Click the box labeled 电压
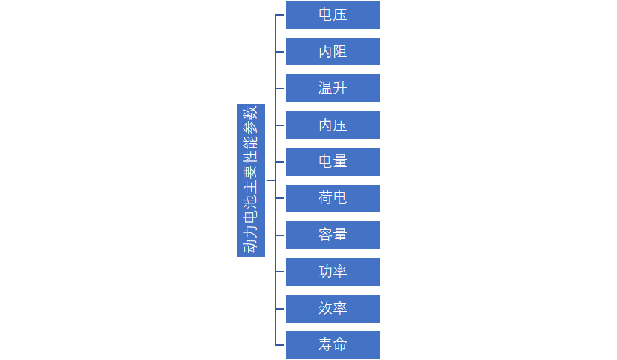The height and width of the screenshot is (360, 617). [333, 15]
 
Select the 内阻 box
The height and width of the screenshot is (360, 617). [333, 51]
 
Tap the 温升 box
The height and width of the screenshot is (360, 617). [333, 88]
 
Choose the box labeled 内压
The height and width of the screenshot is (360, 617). [333, 125]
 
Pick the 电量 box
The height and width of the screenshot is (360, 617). [333, 162]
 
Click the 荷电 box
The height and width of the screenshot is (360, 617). [333, 198]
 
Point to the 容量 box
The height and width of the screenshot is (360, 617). [333, 235]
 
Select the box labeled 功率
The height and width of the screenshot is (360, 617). [333, 272]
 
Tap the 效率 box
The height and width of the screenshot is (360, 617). [333, 309]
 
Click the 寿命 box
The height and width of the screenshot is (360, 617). [333, 345]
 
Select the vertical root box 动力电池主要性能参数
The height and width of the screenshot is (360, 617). [251, 180]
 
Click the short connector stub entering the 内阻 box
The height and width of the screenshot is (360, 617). [280, 51]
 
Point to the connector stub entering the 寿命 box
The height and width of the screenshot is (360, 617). [280, 345]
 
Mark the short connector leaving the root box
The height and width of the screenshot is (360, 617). [270, 180]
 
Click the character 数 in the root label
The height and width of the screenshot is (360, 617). [251, 114]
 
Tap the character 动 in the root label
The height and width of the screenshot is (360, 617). [251, 246]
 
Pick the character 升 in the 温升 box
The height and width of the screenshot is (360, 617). [340, 88]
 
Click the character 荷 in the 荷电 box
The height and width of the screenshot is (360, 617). [325, 198]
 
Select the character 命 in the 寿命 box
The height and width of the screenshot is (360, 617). [340, 344]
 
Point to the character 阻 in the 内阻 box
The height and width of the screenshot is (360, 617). [340, 51]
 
